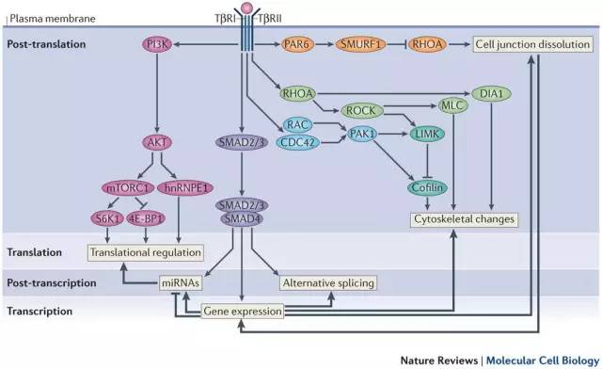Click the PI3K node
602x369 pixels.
pos(157,44)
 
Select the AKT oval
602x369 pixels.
pos(157,142)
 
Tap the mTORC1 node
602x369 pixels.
pos(128,188)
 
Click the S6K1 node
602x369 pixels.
pos(107,218)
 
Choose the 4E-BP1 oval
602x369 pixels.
pos(146,218)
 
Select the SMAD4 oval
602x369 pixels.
pos(242,219)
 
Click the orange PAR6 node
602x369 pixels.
pos(297,44)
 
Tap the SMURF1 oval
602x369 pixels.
pos(359,44)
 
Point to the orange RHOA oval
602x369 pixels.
pos(427,44)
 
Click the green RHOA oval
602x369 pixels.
pos(298,93)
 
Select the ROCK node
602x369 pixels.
pos(361,111)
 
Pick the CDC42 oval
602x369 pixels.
pos(297,142)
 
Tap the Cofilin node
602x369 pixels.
pos(427,187)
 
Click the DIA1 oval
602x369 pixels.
pos(491,93)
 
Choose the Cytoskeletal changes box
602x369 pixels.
pos(464,219)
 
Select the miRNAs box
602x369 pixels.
pos(181,283)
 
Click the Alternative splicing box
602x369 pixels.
pos(328,283)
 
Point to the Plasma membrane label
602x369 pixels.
pos(53,19)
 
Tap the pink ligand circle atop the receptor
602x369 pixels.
pos(246,7)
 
